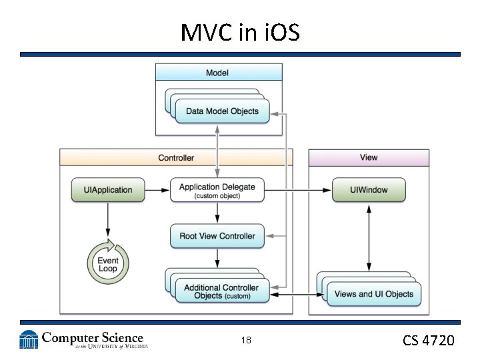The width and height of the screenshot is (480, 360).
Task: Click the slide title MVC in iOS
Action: [239, 31]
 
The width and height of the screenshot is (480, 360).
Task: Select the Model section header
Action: [219, 72]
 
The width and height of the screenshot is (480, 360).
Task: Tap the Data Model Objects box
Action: [222, 111]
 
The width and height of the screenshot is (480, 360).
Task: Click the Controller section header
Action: [176, 158]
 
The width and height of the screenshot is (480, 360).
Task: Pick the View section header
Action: [368, 158]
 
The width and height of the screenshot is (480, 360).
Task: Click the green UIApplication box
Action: [108, 190]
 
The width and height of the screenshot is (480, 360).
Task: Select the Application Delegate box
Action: [217, 190]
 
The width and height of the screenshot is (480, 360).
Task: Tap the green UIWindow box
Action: [369, 190]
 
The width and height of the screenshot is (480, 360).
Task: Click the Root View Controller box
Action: [217, 236]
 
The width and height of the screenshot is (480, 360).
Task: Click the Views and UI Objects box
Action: [373, 294]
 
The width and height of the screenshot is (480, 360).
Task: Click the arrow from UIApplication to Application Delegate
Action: [157, 190]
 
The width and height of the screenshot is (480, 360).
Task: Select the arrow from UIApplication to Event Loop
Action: [108, 221]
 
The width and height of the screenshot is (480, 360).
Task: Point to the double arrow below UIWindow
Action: [369, 237]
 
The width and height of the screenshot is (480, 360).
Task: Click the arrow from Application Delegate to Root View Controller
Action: [217, 213]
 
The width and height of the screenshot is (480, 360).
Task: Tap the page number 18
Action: [246, 341]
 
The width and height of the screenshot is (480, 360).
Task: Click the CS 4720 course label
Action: [428, 341]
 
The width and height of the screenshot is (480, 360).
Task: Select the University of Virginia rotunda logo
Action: [29, 340]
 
